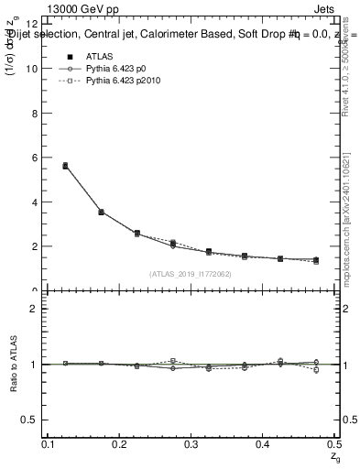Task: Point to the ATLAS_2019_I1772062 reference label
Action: (x=191, y=274)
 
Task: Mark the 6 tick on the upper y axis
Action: (x=35, y=158)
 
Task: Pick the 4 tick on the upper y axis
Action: (x=35, y=202)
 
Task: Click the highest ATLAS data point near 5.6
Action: (x=65, y=166)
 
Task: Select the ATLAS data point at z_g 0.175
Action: (x=101, y=212)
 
